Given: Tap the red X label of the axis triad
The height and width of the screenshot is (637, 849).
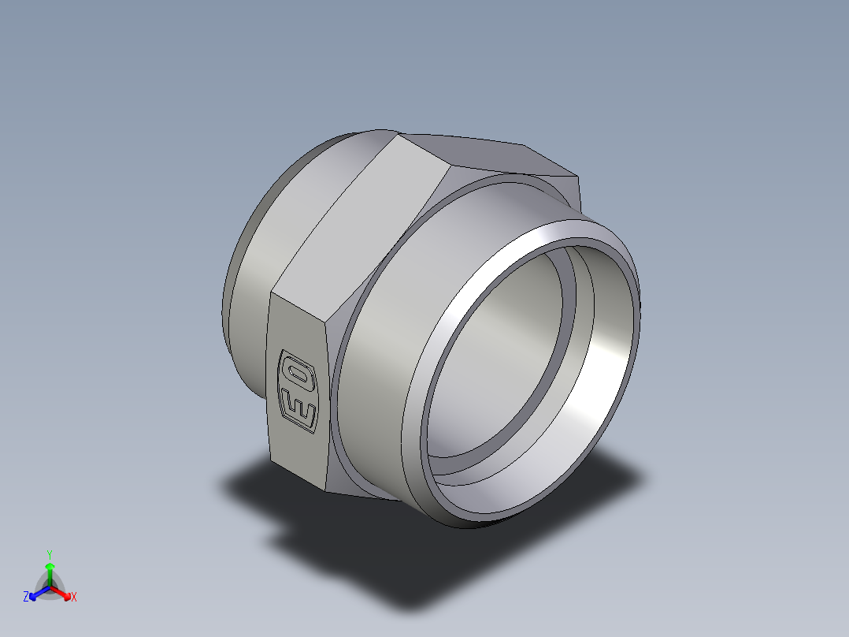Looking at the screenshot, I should [74, 597].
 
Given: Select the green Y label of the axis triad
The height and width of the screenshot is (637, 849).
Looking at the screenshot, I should [49, 554].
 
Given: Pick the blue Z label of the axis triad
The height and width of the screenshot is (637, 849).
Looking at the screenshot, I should [26, 597].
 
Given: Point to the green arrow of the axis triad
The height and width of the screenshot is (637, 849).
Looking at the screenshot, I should [50, 571].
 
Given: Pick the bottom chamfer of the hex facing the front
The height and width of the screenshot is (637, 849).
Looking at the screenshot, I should [362, 489].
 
